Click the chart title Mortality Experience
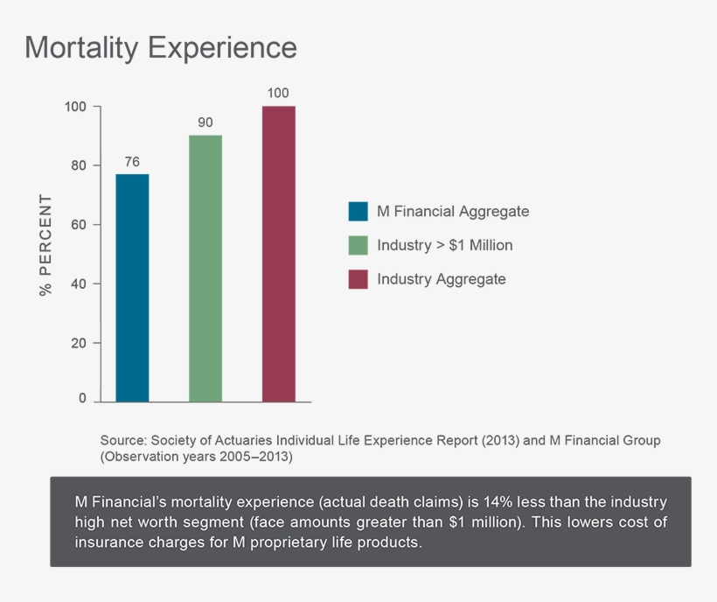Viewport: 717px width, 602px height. (161, 47)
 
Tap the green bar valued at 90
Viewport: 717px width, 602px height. (205, 268)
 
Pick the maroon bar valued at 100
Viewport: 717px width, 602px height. (279, 253)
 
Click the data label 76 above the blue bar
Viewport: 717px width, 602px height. (132, 161)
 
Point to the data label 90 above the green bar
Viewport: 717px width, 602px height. (205, 122)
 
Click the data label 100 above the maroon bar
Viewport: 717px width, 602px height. (279, 93)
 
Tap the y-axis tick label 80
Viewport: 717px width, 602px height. (78, 165)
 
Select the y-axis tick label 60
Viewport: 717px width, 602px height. (78, 225)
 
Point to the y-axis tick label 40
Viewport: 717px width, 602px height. (78, 283)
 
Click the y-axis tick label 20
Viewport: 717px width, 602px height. (78, 343)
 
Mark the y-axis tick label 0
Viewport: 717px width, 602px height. (83, 399)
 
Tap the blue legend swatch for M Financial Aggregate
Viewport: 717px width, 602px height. (358, 212)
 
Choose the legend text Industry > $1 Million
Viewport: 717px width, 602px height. (444, 245)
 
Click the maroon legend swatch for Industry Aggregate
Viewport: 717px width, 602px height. (358, 279)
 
